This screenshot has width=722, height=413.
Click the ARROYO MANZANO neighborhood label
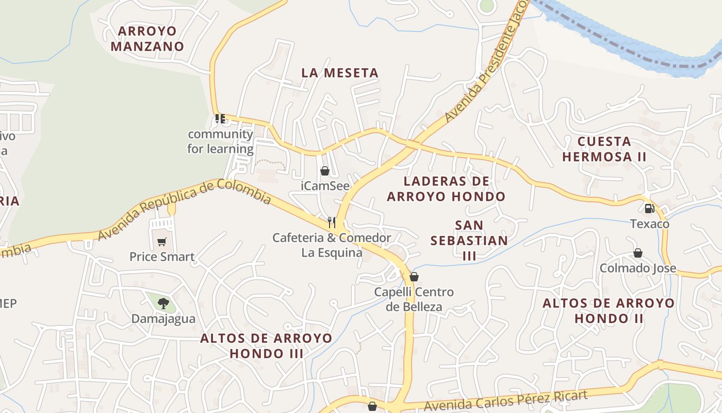point(147,39)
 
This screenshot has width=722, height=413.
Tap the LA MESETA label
point(340,73)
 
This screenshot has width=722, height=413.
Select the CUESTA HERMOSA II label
point(604,149)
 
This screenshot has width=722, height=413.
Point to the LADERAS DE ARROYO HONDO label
point(446,189)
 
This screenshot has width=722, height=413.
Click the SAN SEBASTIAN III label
point(469,240)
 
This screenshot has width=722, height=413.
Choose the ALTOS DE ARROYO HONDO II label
point(609,310)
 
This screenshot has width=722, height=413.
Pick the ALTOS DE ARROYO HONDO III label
point(266,346)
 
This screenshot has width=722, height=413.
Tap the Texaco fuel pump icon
point(649,209)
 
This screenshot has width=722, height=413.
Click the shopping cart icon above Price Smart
point(162,242)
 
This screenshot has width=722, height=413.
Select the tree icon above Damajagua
point(163,303)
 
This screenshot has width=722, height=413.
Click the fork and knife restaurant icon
point(332,223)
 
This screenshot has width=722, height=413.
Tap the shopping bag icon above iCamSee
point(325,171)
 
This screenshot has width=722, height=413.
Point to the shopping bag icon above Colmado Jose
point(638,253)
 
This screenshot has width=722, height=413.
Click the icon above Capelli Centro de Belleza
point(414,277)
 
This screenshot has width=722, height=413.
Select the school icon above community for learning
point(220,119)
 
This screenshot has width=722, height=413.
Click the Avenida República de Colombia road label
point(185,208)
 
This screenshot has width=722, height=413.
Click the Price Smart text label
point(162,257)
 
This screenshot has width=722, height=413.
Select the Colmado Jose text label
point(637,268)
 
